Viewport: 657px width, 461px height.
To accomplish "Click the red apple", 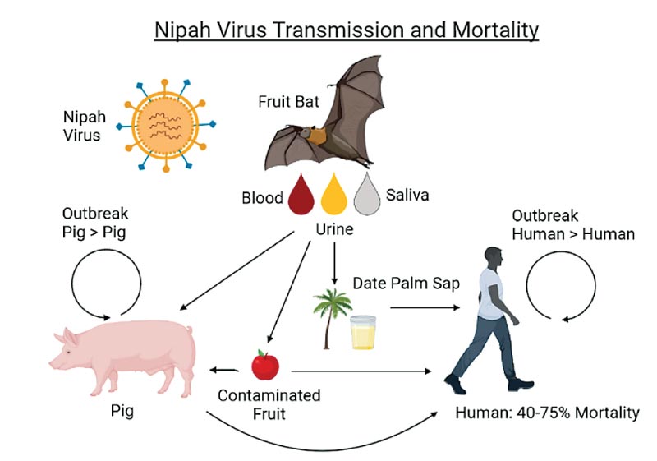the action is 265,365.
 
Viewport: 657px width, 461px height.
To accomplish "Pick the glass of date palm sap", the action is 363,332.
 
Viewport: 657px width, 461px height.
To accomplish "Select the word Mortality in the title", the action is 496,30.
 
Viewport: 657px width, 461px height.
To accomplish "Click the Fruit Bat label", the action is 289,101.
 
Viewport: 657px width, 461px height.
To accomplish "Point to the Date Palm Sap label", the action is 406,284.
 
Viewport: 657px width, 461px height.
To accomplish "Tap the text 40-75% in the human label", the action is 544,413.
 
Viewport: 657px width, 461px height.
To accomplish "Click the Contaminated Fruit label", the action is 269,404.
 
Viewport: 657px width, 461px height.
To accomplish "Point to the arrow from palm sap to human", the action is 425,307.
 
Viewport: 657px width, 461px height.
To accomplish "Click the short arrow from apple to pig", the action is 224,370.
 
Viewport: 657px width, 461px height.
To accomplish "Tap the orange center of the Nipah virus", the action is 166,124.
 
